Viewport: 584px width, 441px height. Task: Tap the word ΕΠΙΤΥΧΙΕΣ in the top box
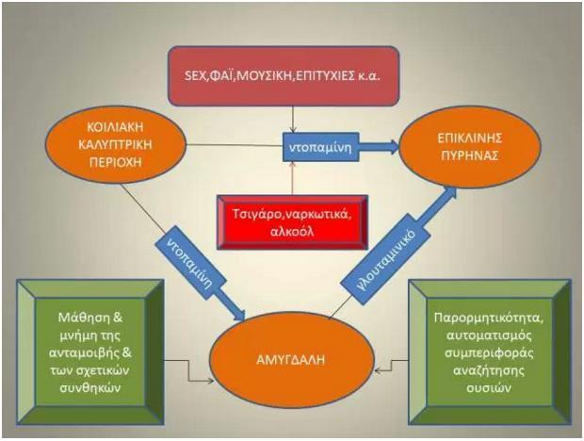click(x=322, y=76)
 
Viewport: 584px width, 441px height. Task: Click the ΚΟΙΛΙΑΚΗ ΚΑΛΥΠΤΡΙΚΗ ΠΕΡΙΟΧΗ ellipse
click(x=116, y=144)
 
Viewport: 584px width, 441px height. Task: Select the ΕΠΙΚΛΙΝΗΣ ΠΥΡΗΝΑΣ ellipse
click(x=470, y=146)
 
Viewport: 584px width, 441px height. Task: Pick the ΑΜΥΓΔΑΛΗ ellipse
click(x=291, y=360)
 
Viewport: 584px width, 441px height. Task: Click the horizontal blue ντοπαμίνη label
click(x=320, y=147)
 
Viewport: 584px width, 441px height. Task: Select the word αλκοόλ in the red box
click(x=293, y=231)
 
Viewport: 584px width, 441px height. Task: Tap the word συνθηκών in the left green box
click(x=90, y=387)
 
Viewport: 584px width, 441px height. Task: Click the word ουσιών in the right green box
click(x=489, y=387)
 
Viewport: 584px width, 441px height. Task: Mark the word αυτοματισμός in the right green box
click(x=489, y=335)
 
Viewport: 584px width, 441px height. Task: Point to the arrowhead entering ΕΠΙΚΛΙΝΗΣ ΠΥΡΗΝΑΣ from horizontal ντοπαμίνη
click(x=392, y=146)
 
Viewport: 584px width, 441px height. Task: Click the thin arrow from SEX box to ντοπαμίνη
click(x=293, y=119)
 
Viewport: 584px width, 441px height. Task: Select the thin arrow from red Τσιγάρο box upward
click(x=292, y=178)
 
